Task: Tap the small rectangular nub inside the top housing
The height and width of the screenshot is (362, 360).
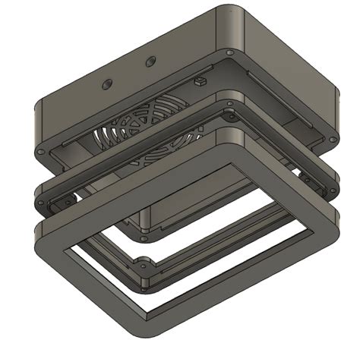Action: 201,79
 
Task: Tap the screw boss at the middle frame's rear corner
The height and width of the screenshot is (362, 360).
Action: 227,116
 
